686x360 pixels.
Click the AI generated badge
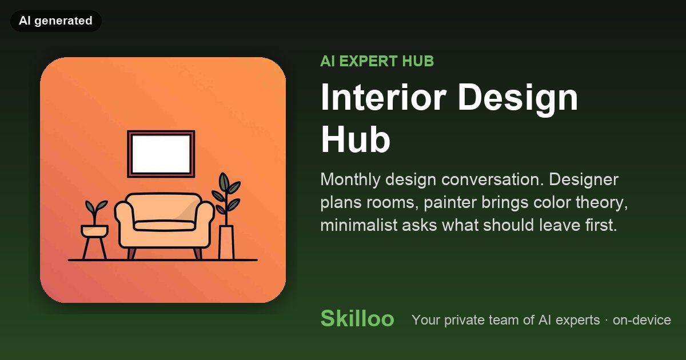coord(56,21)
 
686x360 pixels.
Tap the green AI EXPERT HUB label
coord(377,61)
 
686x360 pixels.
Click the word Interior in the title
coord(384,97)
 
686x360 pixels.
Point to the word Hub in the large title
coord(355,139)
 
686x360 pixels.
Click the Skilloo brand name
coord(357,318)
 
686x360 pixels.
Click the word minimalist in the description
coord(358,225)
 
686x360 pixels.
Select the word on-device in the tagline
coord(641,320)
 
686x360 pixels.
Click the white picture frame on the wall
coord(161,154)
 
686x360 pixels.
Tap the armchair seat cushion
coord(165,225)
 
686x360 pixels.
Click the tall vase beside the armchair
coord(226,243)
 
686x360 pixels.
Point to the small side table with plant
coord(95,242)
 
